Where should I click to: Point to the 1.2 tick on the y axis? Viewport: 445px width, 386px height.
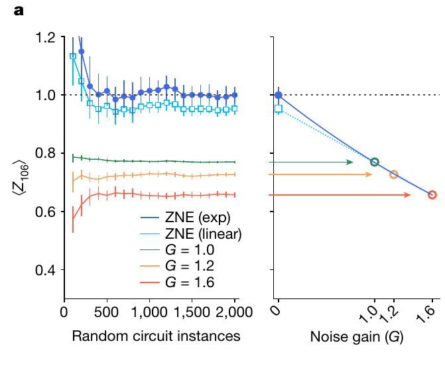[45, 37]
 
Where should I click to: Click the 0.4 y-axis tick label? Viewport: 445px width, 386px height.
[45, 270]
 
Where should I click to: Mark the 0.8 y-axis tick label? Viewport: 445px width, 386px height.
[45, 154]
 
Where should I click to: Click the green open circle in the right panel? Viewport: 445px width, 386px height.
[375, 162]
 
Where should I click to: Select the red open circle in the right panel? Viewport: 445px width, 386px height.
[432, 194]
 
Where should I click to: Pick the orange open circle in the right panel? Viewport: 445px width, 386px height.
[394, 174]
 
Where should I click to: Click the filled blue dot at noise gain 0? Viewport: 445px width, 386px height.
[279, 95]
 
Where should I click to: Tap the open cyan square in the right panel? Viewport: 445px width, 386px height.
[279, 108]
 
